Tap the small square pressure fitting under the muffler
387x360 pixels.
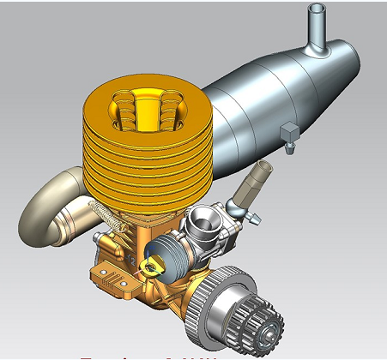[x=289, y=131]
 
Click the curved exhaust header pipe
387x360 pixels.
[x=47, y=206]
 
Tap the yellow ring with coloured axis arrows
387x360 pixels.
[x=154, y=265]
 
